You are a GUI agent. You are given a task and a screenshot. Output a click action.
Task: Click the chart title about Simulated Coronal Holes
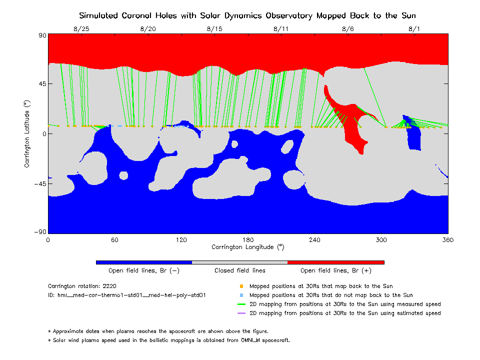pyautogui.click(x=247, y=15)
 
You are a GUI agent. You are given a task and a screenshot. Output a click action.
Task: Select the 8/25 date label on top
pyautogui.click(x=81, y=29)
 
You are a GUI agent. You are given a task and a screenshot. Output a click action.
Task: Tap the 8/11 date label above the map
pyautogui.click(x=281, y=29)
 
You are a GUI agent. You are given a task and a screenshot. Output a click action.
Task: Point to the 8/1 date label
pyautogui.click(x=414, y=29)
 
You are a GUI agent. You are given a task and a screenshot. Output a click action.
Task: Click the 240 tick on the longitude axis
pyautogui.click(x=314, y=240)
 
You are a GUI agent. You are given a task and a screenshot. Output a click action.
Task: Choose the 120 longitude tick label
pyautogui.click(x=181, y=240)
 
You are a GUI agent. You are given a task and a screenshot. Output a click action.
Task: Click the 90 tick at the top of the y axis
pyautogui.click(x=42, y=35)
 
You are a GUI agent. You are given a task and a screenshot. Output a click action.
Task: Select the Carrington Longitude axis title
pyautogui.click(x=247, y=247)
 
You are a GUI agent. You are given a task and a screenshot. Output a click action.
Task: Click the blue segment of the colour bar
pyautogui.click(x=144, y=262)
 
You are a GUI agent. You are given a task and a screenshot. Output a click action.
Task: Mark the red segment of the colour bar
pyautogui.click(x=336, y=262)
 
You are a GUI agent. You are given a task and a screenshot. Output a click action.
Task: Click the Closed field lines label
pyautogui.click(x=240, y=271)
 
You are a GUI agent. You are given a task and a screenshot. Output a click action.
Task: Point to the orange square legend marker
pyautogui.click(x=241, y=286)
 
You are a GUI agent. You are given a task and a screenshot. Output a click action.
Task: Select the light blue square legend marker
pyautogui.click(x=241, y=295)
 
